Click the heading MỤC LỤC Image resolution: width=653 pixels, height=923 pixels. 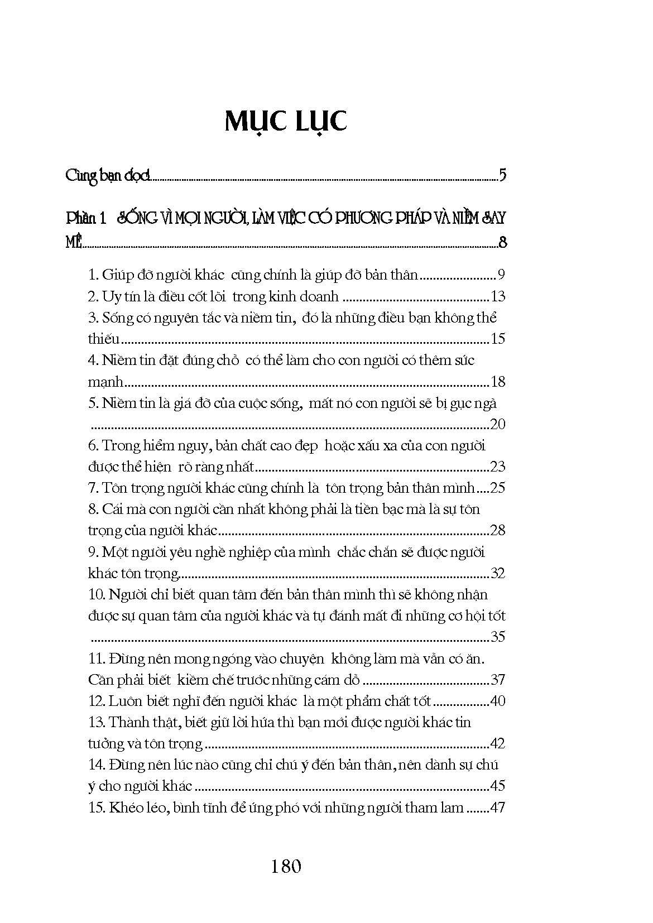286,122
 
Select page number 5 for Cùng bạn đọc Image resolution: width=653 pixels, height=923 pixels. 503,176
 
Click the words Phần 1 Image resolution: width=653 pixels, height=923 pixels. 86,218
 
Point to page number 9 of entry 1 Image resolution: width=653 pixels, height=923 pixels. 501,275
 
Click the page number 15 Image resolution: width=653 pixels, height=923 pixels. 497,339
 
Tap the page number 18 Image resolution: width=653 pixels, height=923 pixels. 497,382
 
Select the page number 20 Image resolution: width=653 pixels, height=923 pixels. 497,424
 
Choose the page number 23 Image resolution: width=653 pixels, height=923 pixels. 497,467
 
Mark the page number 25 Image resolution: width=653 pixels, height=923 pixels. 497,488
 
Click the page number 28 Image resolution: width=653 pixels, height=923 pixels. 497,530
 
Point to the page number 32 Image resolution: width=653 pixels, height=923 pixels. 497,573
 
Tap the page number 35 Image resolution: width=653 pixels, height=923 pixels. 497,637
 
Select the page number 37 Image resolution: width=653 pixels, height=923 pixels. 497,680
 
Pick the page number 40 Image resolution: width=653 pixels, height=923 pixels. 497,701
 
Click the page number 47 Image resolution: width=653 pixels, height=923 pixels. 497,807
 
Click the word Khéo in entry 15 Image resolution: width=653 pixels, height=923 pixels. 123,807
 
